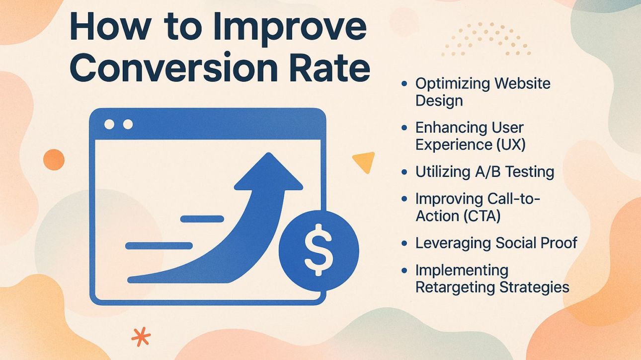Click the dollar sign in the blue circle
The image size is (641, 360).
pos(318,249)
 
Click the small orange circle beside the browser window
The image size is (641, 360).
pos(54,160)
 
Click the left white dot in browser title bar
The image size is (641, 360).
pos(109,124)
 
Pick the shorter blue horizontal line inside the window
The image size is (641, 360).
pos(202,218)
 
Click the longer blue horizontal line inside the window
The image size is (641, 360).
pos(159,245)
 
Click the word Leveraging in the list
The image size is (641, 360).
pos(453,243)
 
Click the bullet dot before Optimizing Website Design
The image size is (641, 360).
pos(404,84)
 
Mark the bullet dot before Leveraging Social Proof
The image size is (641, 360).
pos(404,243)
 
